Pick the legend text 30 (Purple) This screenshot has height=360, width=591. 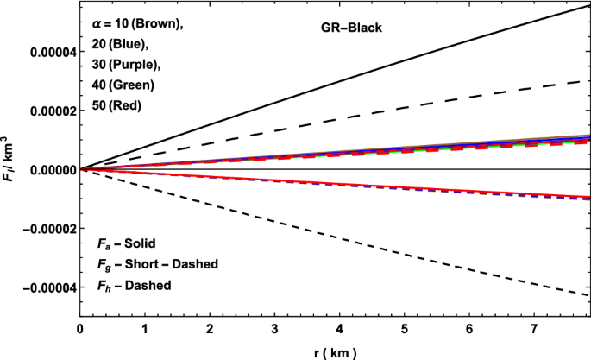click(125, 66)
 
